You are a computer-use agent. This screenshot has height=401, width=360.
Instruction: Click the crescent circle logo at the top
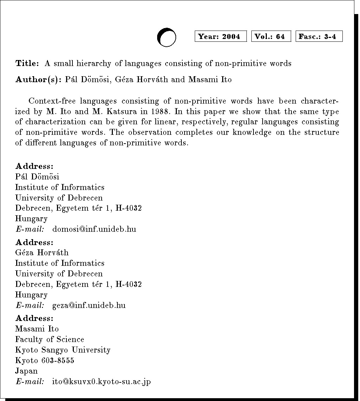click(166, 37)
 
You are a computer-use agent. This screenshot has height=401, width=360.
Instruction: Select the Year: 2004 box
click(220, 37)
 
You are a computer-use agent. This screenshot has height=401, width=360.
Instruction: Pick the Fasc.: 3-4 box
click(319, 37)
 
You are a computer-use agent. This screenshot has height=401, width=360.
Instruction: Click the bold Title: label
click(27, 64)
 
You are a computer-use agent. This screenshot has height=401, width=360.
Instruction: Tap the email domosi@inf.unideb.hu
click(94, 229)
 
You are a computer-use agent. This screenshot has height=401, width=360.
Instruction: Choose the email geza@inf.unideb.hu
click(89, 305)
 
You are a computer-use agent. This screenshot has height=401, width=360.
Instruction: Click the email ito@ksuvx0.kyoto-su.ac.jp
click(101, 381)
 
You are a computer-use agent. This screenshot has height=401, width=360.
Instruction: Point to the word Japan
click(26, 371)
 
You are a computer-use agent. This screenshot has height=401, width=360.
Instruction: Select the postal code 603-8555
click(54, 360)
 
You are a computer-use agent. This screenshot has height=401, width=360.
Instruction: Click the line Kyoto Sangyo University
click(63, 350)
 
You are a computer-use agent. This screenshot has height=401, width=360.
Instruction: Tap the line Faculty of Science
click(50, 340)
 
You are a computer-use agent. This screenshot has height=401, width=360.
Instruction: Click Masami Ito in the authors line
click(210, 79)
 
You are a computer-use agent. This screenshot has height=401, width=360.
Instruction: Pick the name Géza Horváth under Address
click(42, 253)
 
